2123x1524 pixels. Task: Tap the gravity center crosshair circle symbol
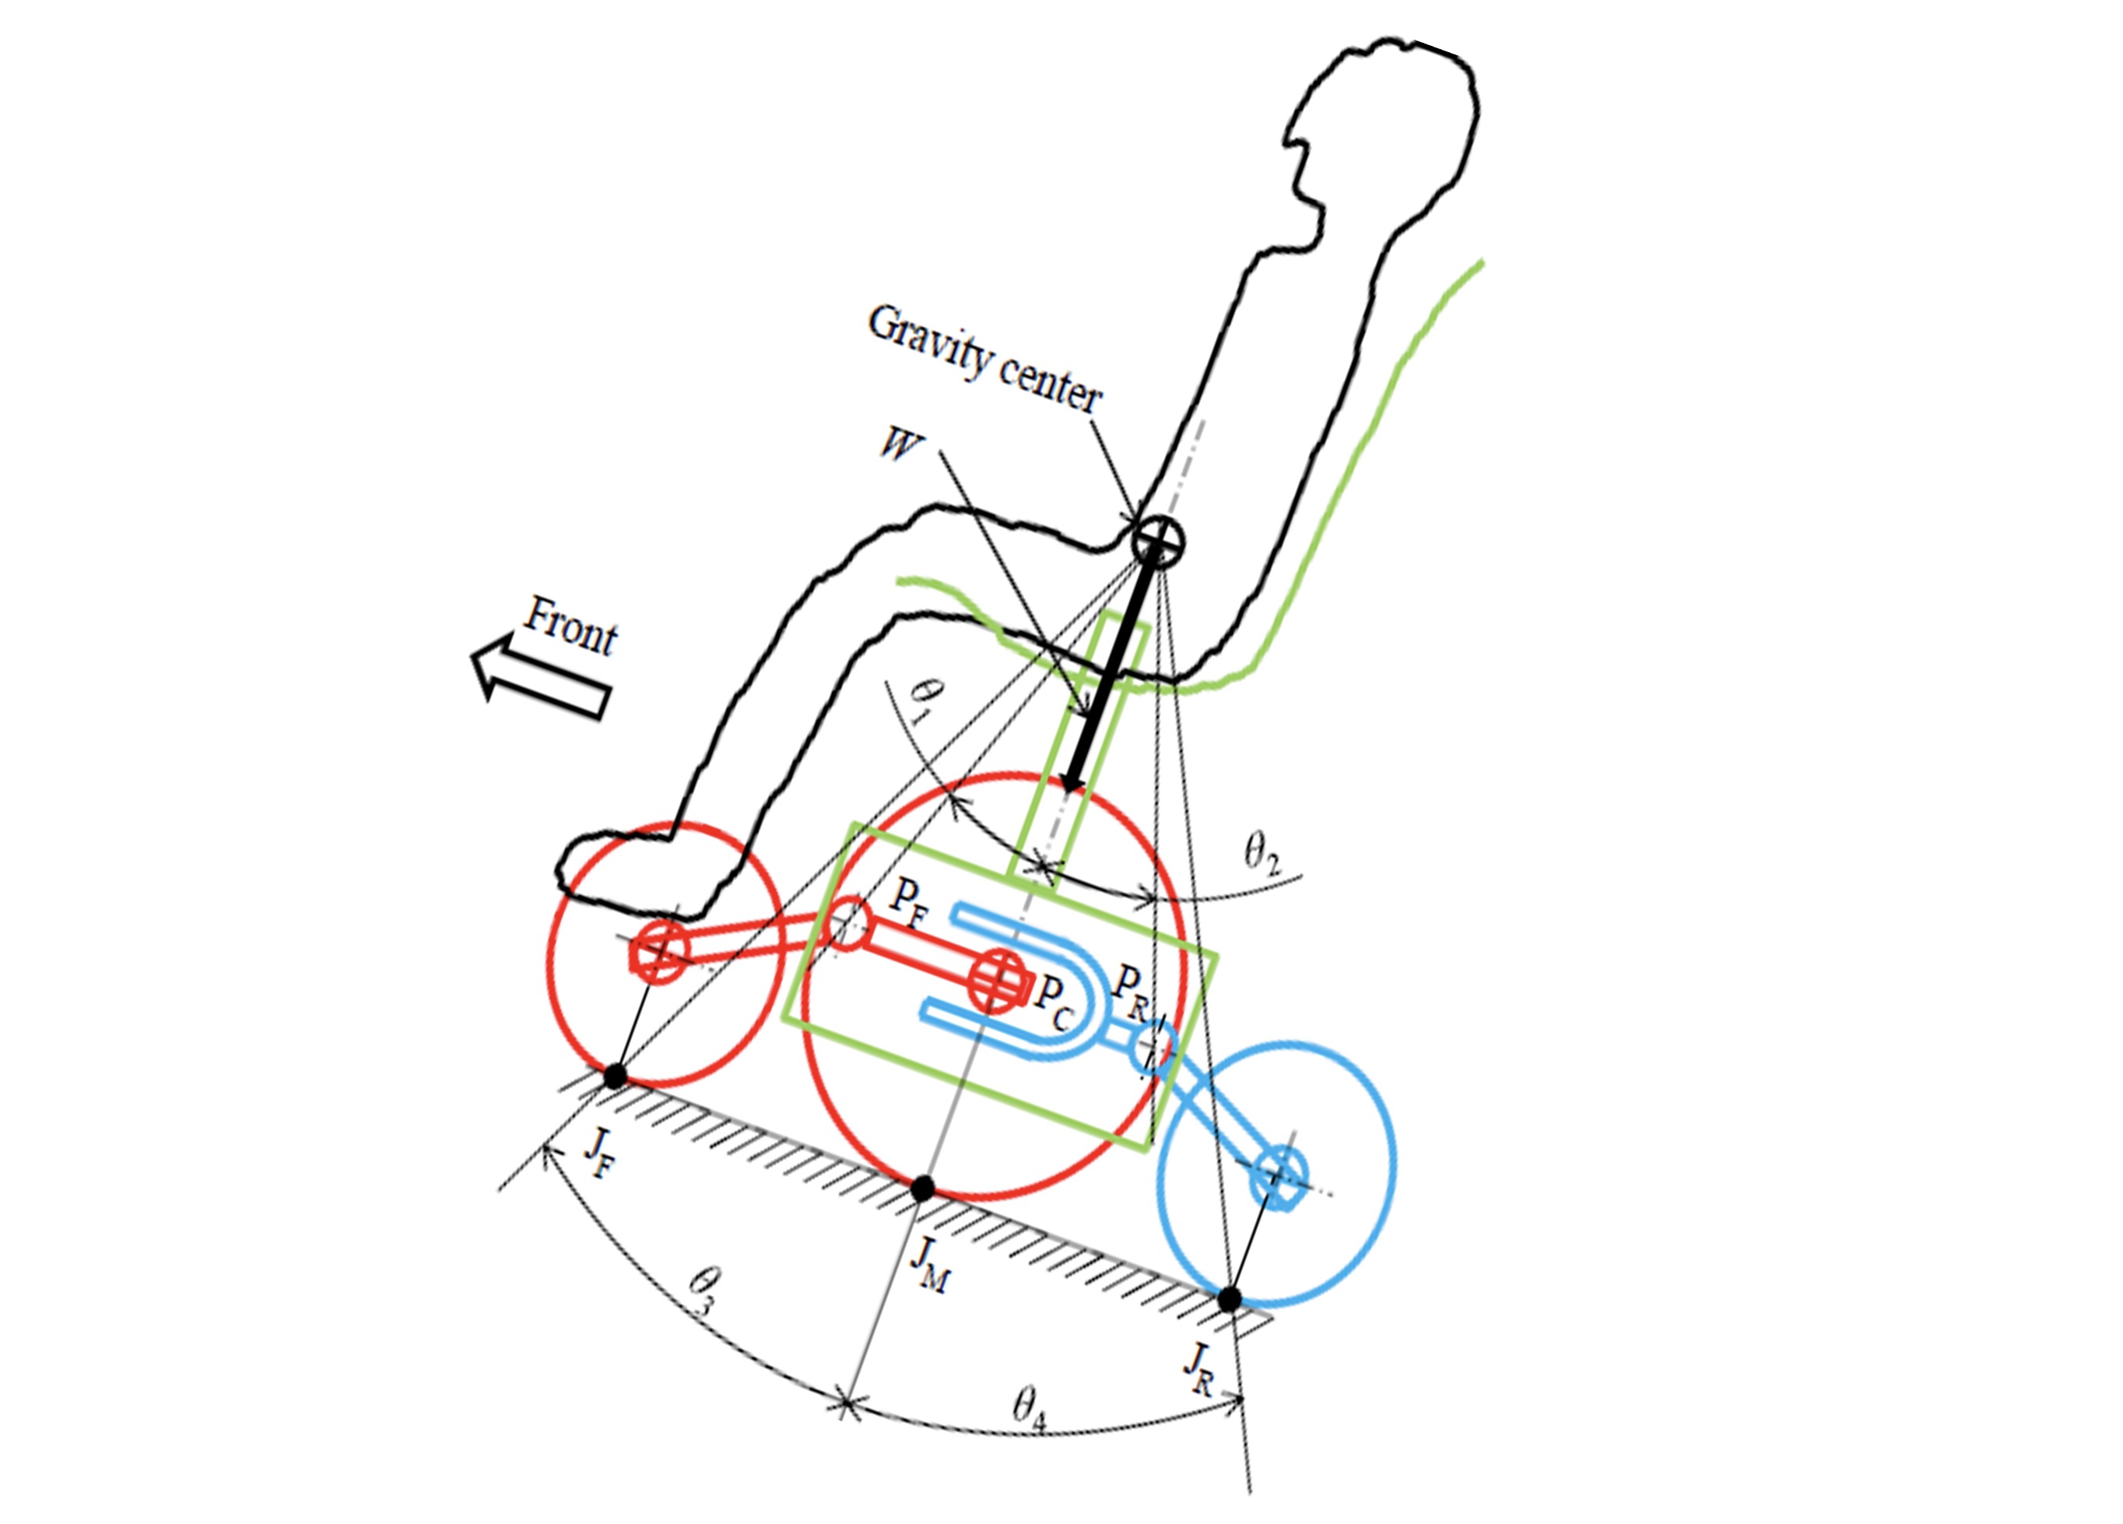click(1158, 540)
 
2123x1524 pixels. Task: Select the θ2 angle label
click(1261, 854)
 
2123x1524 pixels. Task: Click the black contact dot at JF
click(614, 1076)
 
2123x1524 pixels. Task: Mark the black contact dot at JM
click(923, 1189)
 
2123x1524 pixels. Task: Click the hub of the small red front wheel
click(660, 952)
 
